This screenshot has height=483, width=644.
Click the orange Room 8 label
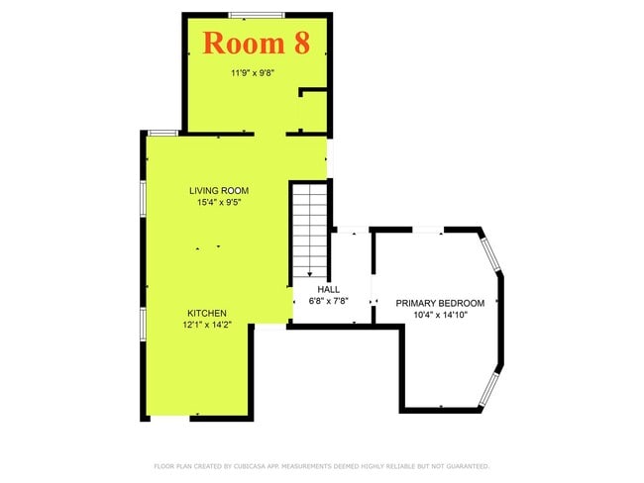point(257,43)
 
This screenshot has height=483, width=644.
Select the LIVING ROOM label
point(219,190)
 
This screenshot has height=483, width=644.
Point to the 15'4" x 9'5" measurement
point(219,202)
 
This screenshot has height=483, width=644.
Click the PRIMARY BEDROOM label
point(440,303)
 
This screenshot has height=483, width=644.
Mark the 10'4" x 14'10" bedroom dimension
point(440,315)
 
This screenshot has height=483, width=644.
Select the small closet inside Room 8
point(314,111)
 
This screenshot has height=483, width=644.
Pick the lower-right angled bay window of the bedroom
point(489,389)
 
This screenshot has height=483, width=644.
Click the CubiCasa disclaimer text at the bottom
point(321,465)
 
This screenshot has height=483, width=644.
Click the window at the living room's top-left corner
point(162,133)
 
